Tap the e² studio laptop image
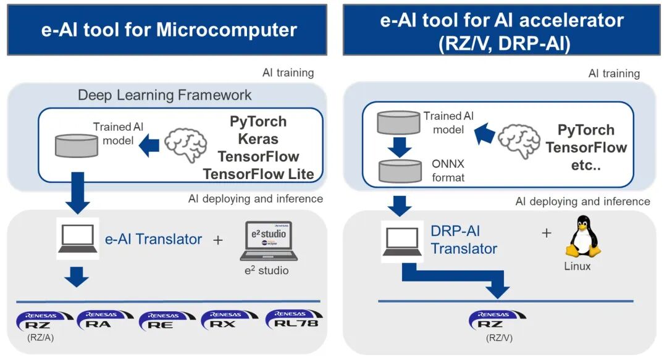[x=269, y=241]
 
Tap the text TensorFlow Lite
[x=258, y=174]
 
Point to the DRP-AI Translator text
[x=463, y=240]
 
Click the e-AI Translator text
[x=153, y=239]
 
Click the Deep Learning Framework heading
[x=164, y=94]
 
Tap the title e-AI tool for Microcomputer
[x=169, y=30]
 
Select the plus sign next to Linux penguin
[x=546, y=233]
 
